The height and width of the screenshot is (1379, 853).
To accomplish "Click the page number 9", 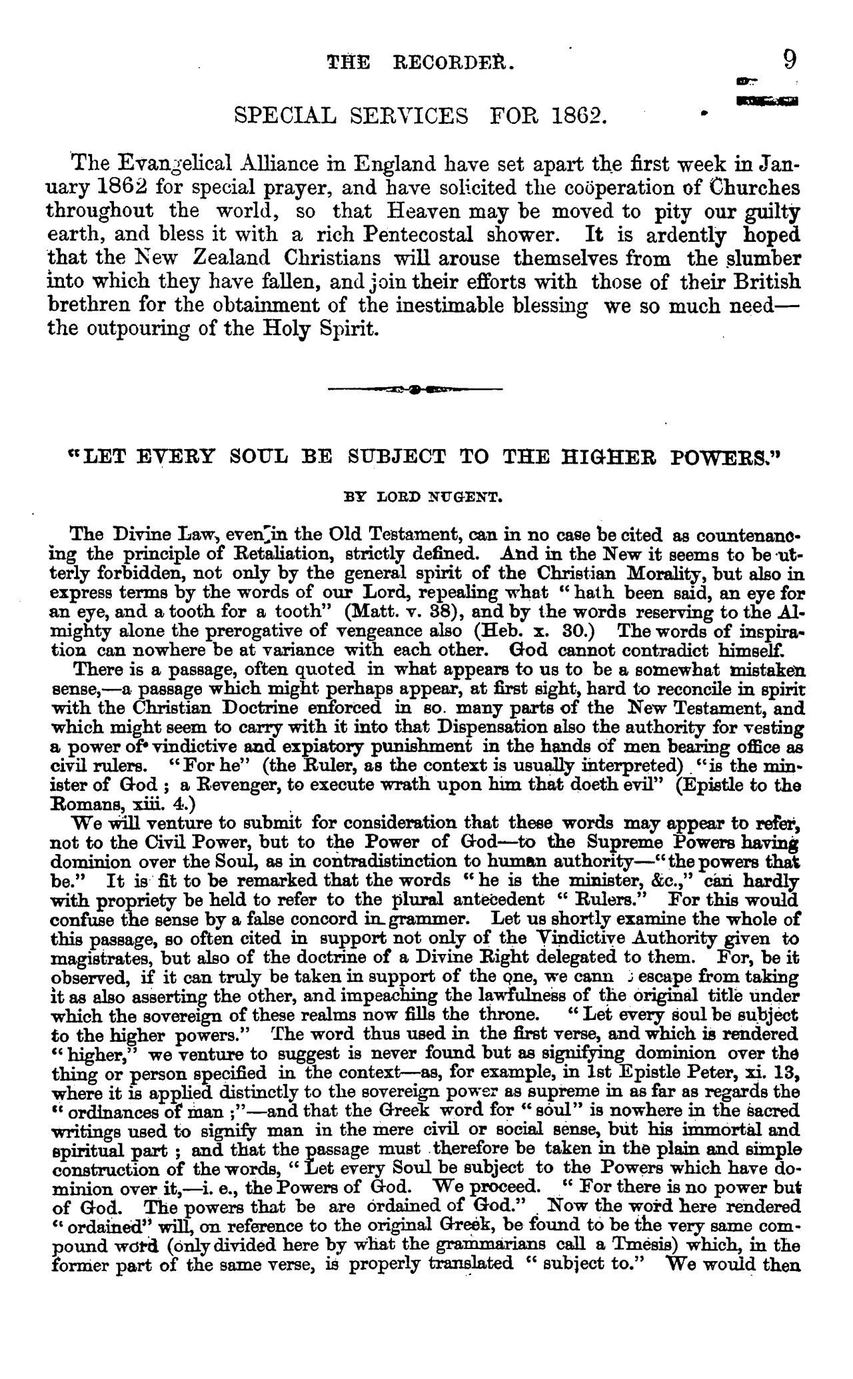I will click(x=789, y=61).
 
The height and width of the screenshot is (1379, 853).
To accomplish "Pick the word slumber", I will click(x=758, y=258).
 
